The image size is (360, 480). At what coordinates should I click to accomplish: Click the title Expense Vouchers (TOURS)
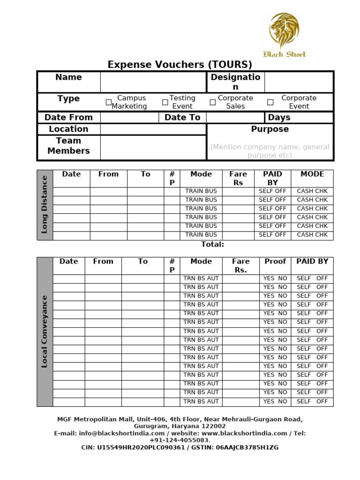pyautogui.click(x=180, y=65)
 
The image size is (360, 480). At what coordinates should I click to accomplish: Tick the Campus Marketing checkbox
pyautogui.click(x=109, y=102)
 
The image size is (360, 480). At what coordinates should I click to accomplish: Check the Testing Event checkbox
pyautogui.click(x=165, y=102)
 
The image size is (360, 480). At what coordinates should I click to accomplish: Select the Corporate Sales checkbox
pyautogui.click(x=212, y=102)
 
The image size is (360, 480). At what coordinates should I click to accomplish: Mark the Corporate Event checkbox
pyautogui.click(x=270, y=102)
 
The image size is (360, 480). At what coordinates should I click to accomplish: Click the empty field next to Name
pyautogui.click(x=153, y=82)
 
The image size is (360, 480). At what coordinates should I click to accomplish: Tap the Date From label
pyautogui.click(x=68, y=117)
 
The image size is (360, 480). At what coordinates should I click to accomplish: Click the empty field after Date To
pyautogui.click(x=235, y=117)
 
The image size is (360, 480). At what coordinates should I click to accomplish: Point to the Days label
pyautogui.click(x=279, y=117)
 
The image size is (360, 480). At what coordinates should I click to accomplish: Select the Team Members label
pyautogui.click(x=68, y=146)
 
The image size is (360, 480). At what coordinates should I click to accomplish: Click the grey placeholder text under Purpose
pyautogui.click(x=270, y=151)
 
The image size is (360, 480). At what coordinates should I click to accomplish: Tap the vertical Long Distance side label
pyautogui.click(x=45, y=204)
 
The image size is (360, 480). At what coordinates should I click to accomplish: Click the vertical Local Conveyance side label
pyautogui.click(x=45, y=331)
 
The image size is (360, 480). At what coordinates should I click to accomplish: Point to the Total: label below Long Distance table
pyautogui.click(x=212, y=244)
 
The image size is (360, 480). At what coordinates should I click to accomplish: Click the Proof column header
pyautogui.click(x=275, y=262)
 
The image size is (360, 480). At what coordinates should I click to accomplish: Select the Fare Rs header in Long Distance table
pyautogui.click(x=238, y=178)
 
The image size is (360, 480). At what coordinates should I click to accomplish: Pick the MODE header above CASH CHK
pyautogui.click(x=312, y=174)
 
